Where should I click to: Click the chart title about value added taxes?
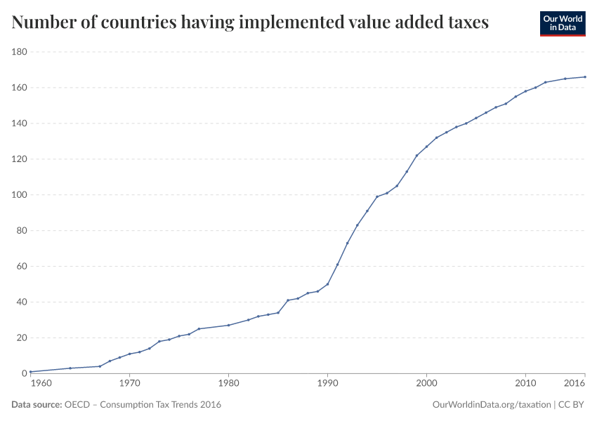250,23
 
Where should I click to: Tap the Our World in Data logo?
562,23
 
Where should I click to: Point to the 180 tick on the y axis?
19,52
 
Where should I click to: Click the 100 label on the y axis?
19,195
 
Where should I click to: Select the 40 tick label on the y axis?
21,302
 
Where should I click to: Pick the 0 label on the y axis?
24,373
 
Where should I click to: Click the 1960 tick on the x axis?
41,385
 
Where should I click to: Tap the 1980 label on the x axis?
228,385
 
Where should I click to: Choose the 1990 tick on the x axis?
327,385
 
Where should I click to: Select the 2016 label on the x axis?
575,385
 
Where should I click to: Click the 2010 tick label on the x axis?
525,385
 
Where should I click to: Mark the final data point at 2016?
585,77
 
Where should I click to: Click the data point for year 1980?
228,325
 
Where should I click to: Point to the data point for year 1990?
327,284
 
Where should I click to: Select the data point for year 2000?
426,147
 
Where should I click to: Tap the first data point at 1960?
31,371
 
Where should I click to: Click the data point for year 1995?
377,196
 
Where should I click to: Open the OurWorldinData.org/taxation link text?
492,405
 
